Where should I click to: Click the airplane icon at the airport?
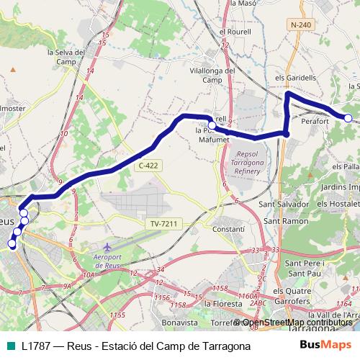click(x=107, y=248)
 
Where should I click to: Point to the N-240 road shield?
click(x=301, y=25)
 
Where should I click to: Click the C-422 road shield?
click(x=148, y=166)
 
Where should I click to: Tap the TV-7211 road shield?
click(x=163, y=224)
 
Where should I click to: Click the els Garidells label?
click(x=295, y=78)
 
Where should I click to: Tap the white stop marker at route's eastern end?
click(x=348, y=118)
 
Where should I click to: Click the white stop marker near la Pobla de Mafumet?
click(x=212, y=125)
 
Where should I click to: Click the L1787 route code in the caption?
click(x=37, y=346)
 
